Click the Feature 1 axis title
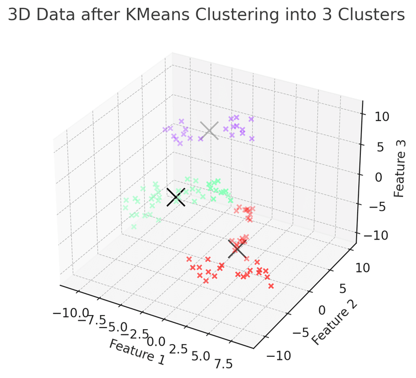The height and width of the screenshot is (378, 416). click(x=137, y=351)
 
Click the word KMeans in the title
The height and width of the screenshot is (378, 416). click(x=165, y=16)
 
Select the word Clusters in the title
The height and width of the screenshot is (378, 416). click(x=373, y=16)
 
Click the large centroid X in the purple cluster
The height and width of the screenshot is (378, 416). click(x=210, y=131)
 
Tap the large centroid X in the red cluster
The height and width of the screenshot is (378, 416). click(x=238, y=249)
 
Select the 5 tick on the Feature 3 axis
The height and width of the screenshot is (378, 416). click(x=380, y=147)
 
